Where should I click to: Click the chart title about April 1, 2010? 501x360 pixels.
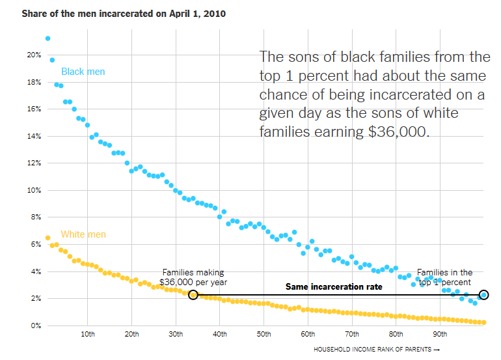pyautogui.click(x=124, y=14)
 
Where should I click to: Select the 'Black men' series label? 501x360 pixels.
pyautogui.click(x=83, y=72)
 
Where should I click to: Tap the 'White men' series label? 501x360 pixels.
pyautogui.click(x=83, y=234)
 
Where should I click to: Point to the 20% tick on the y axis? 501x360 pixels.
pyautogui.click(x=34, y=55)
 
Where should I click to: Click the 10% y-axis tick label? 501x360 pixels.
pyautogui.click(x=34, y=190)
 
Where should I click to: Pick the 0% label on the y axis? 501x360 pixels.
pyautogui.click(x=36, y=325)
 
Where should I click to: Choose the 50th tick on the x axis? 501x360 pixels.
pyautogui.click(x=264, y=335)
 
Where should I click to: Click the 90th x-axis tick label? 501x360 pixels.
pyautogui.click(x=440, y=335)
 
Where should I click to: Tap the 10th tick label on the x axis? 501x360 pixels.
pyautogui.click(x=88, y=335)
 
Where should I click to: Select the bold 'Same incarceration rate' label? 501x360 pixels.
pyautogui.click(x=334, y=286)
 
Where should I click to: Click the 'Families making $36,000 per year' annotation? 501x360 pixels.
pyautogui.click(x=193, y=277)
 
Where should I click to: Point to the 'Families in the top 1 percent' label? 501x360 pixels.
pyautogui.click(x=445, y=277)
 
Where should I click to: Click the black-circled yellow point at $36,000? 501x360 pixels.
pyautogui.click(x=193, y=295)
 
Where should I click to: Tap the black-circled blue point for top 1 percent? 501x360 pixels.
pyautogui.click(x=483, y=295)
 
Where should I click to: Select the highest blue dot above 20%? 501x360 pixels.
pyautogui.click(x=47, y=38)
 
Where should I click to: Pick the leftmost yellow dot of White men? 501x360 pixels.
pyautogui.click(x=47, y=238)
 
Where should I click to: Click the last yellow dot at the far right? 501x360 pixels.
pyautogui.click(x=483, y=322)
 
